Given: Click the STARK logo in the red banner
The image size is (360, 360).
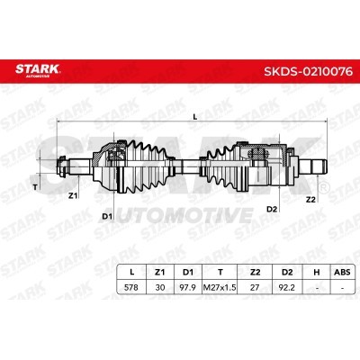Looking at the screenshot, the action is tap(38, 70).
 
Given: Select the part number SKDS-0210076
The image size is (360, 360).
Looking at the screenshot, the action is tap(308, 72).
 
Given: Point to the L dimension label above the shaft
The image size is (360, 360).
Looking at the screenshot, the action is tap(195, 117).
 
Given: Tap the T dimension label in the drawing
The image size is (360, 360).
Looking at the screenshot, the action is tap(35, 188).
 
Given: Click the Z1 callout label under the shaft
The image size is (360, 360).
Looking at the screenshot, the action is tap(73, 195).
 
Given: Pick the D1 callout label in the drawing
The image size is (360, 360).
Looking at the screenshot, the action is tap(107, 216).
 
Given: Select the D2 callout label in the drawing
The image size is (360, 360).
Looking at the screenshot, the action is tap(272, 209).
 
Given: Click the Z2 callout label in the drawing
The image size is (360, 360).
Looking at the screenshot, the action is tap(310, 199).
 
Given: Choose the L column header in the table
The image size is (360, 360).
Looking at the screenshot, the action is tap(131, 272).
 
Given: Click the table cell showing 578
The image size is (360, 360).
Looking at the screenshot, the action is tap(131, 287).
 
